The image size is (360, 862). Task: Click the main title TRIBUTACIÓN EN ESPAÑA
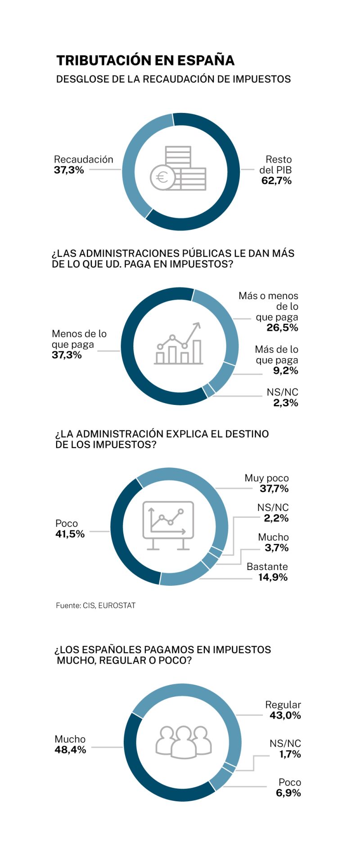145,61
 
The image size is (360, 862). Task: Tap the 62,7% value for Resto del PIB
276,181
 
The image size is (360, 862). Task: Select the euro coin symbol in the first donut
162,177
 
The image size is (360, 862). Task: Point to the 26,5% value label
282,328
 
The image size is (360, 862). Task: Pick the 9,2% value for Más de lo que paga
285,371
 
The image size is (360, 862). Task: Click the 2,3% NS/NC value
285,403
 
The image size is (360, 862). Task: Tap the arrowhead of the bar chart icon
197,325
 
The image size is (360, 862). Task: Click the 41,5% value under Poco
70,534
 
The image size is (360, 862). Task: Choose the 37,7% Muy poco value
274,489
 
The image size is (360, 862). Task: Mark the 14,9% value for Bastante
273,577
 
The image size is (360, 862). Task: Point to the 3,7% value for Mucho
276,548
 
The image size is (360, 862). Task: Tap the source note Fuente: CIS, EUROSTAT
95,606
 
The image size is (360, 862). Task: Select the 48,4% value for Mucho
70,750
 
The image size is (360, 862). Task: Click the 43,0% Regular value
285,715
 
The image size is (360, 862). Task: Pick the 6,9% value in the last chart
288,793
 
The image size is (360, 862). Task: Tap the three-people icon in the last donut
183,741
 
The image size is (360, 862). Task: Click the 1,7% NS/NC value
290,754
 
